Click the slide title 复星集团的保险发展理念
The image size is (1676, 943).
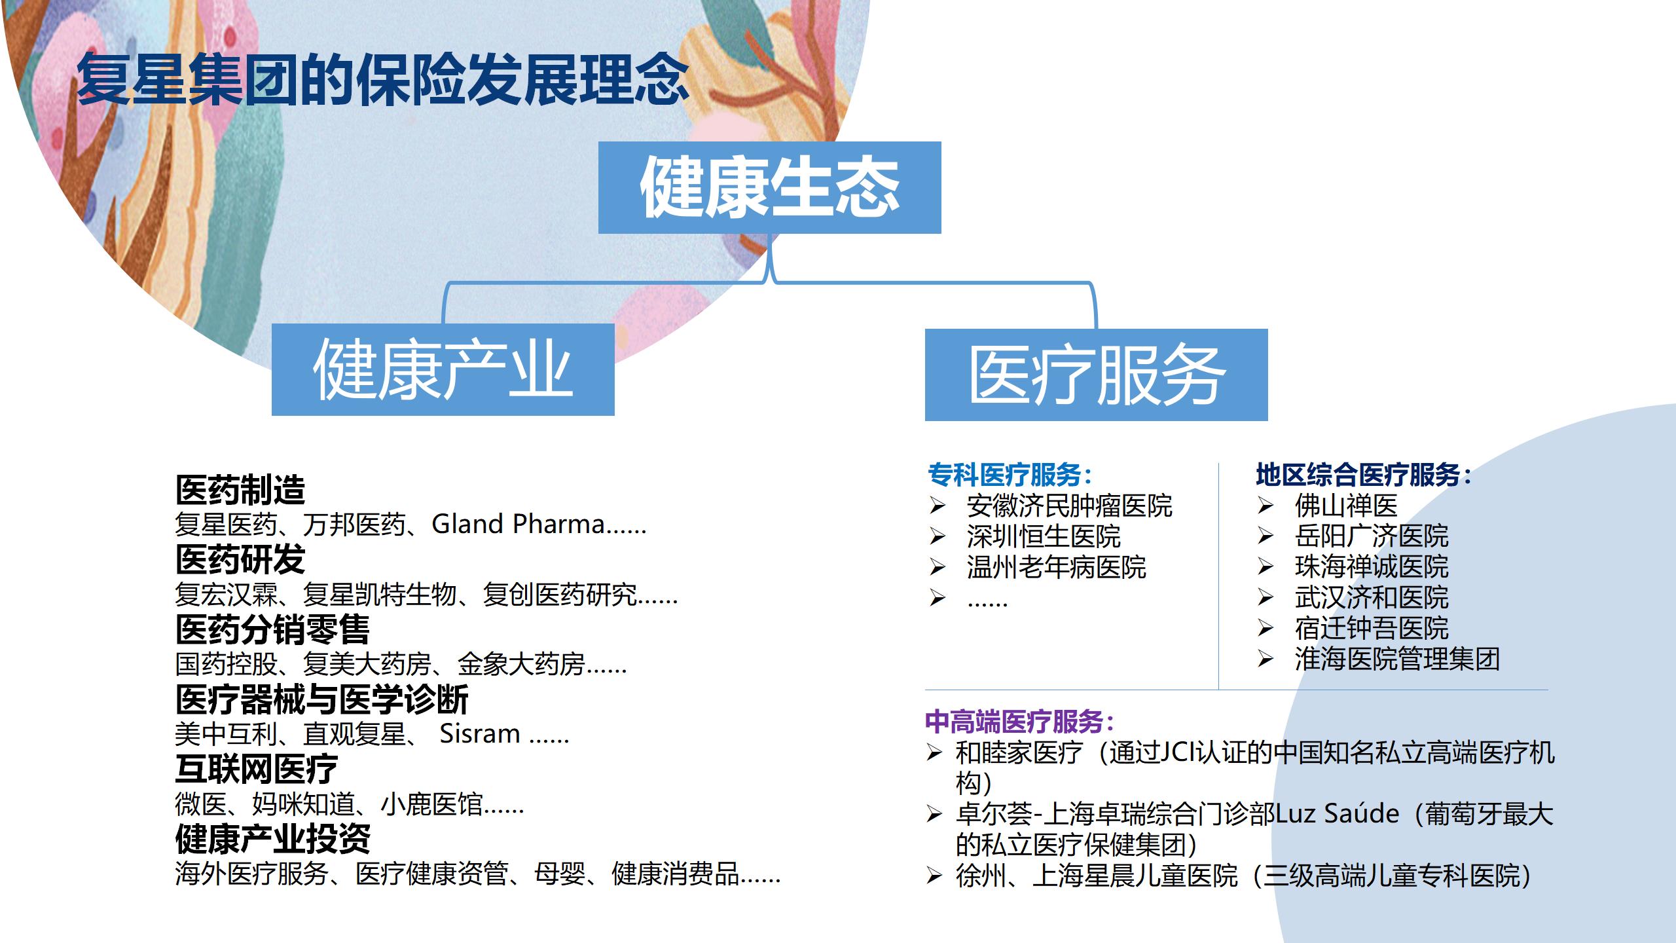tap(383, 80)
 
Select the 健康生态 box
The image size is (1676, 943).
tap(769, 187)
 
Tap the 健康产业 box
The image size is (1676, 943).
tap(443, 369)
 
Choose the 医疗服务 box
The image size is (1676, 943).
tap(1096, 375)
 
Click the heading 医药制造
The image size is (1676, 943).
tap(240, 489)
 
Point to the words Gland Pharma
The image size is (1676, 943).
tap(518, 524)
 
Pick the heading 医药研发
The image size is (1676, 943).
tap(240, 559)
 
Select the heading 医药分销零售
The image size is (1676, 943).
tap(272, 629)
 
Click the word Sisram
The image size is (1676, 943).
tap(479, 733)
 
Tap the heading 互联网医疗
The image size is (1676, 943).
tap(256, 769)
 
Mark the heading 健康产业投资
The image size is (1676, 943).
tap(272, 839)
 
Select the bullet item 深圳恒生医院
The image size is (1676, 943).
tap(1044, 536)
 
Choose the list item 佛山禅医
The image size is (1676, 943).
tap(1346, 506)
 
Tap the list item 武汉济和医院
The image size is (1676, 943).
tap(1372, 597)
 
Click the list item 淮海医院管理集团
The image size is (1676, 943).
tap(1397, 659)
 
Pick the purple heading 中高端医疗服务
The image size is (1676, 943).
tap(1014, 722)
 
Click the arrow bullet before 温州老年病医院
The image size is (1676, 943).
tap(938, 567)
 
